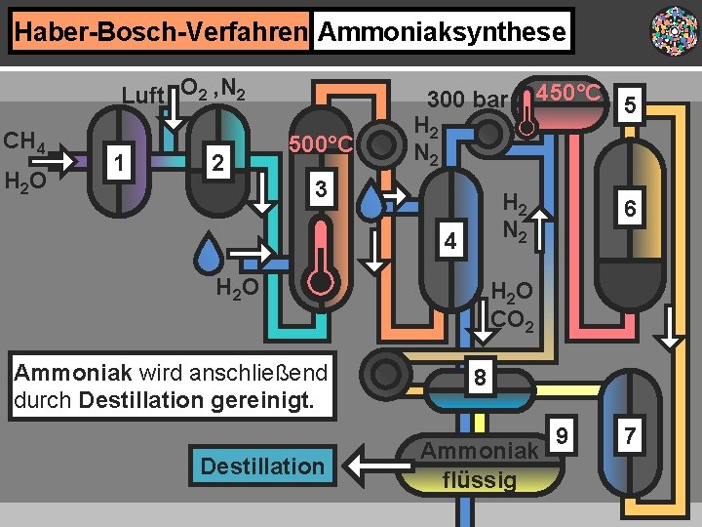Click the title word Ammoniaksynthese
point(442,32)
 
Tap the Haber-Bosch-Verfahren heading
point(160,32)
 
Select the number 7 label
point(631,435)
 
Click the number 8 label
point(480,377)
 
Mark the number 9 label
point(562,430)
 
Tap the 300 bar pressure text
point(467,100)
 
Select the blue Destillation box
point(262,466)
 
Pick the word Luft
point(141,95)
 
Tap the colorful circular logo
point(673,32)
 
